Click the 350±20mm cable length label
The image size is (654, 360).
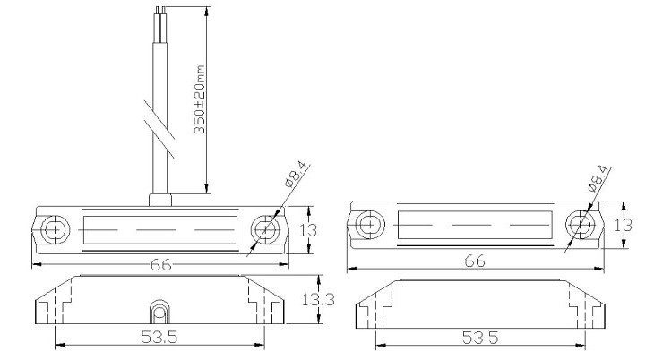200,99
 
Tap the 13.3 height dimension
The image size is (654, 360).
318,299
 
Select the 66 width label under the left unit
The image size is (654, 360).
160,264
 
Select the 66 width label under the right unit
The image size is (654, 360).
475,261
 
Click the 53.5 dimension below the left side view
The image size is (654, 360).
159,337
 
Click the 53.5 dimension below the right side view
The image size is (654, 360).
480,338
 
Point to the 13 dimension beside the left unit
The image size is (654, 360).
308,230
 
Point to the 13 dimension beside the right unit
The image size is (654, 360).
624,225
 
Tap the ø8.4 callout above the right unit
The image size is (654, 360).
599,178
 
